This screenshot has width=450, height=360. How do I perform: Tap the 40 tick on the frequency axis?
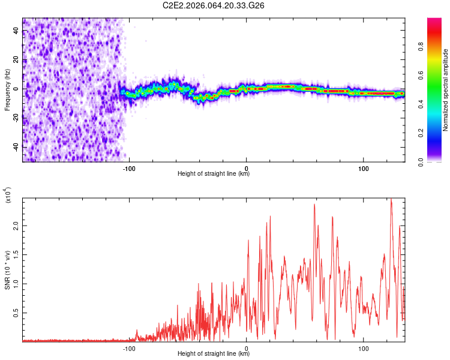tap(16, 30)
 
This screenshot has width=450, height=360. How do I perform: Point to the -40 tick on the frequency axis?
tap(16, 147)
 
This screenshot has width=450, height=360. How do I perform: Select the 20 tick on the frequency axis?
tap(16, 59)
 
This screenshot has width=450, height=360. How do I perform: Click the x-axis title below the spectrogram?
tap(214, 174)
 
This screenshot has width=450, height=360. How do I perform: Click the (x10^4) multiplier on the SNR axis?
tap(8, 196)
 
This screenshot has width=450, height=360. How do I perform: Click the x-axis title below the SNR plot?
tap(214, 354)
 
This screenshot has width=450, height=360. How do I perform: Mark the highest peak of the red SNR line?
tap(391, 199)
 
